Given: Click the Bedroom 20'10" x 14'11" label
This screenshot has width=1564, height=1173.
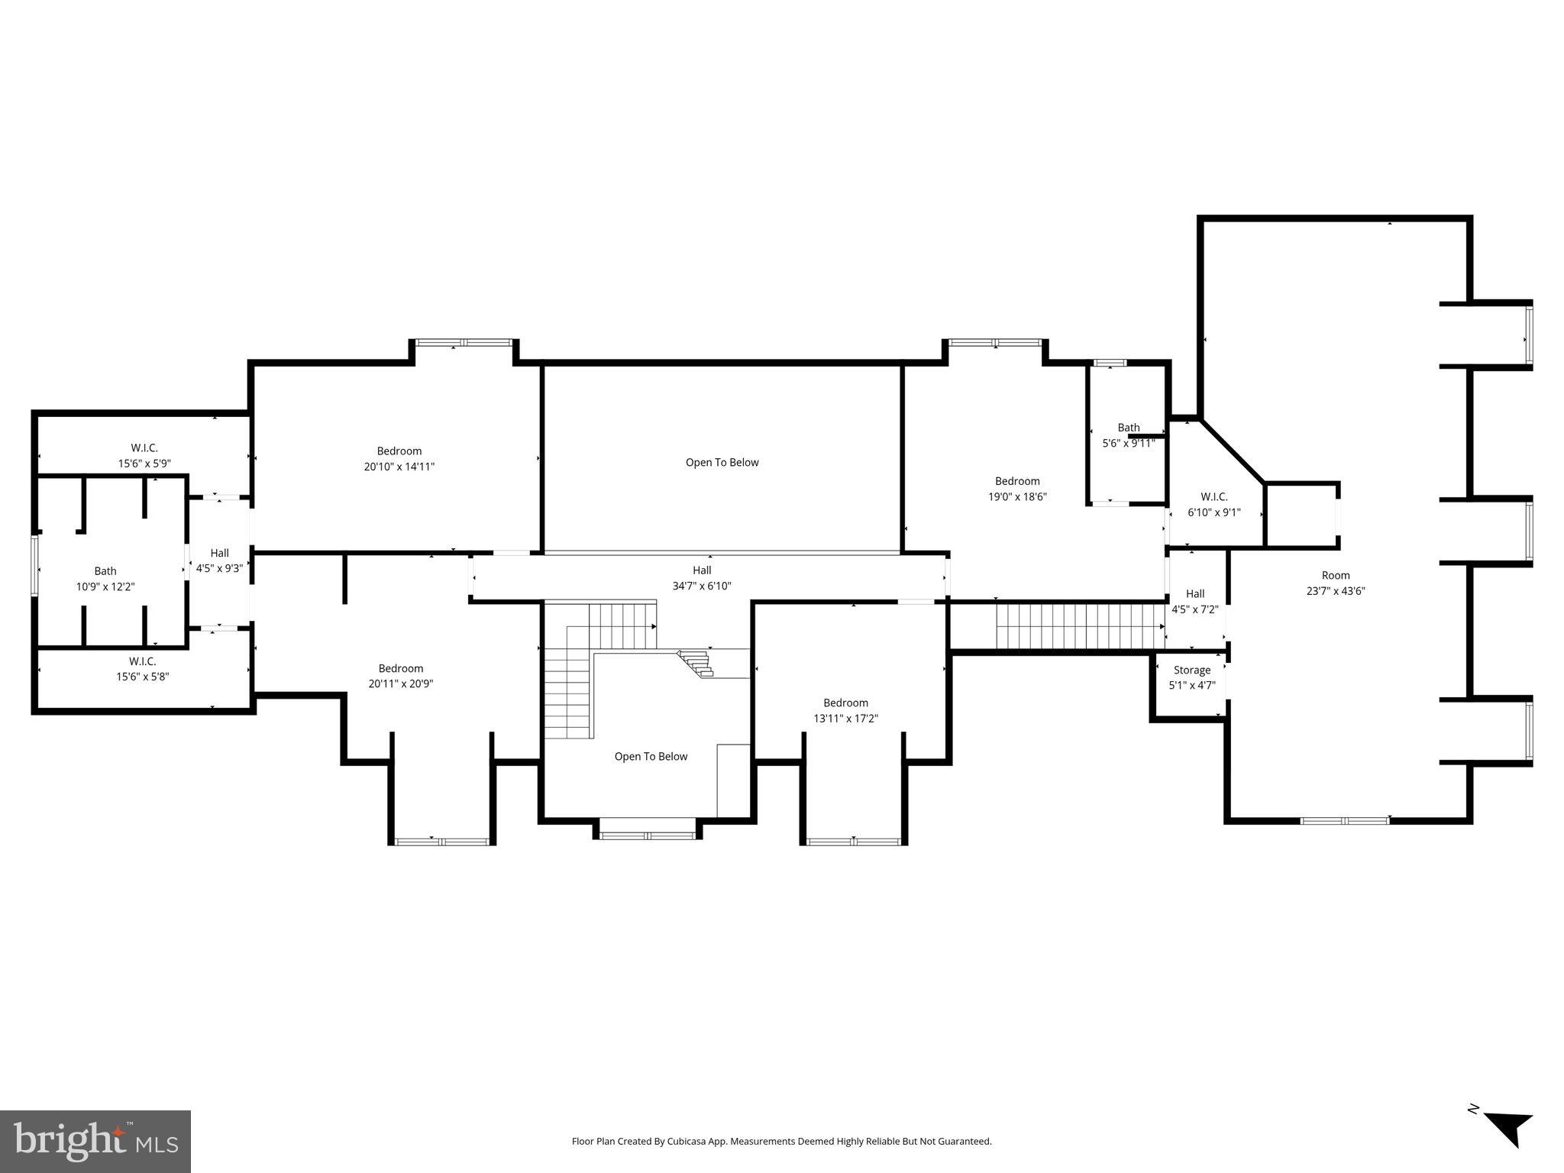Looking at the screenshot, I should pos(399,459).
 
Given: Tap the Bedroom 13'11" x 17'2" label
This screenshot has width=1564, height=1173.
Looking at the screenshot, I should pos(845,711).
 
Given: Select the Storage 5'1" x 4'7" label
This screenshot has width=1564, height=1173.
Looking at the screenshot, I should pos(1191,678).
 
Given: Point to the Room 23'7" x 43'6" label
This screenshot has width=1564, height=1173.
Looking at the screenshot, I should pos(1335,583).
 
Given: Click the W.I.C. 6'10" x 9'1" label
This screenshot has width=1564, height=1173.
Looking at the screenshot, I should pos(1213,505).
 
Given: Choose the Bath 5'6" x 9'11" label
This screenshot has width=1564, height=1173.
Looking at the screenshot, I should pos(1128,435).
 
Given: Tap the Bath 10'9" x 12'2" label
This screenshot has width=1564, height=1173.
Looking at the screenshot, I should pos(105,579).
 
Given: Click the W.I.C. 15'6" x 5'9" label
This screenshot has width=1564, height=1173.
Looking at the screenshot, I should pos(144,456).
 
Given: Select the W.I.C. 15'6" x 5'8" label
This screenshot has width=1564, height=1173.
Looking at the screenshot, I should pos(142,669).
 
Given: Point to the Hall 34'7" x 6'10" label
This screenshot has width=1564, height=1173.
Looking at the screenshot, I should pos(702,578).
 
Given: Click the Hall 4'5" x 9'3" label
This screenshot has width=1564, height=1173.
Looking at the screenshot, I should pos(219,561).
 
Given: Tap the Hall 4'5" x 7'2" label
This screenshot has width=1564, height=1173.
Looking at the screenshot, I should pos(1194,602).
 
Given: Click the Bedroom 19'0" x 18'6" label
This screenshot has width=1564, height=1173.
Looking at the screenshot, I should pos(1017,489).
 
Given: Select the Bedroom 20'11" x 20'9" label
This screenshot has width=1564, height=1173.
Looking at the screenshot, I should pos(400,676).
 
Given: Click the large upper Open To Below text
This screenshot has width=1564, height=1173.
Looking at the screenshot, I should pos(722,462).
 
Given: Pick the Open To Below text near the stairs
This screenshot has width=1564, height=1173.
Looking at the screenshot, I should pos(651,756).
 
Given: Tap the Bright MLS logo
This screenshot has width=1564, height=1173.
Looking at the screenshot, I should pos(95,1141).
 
